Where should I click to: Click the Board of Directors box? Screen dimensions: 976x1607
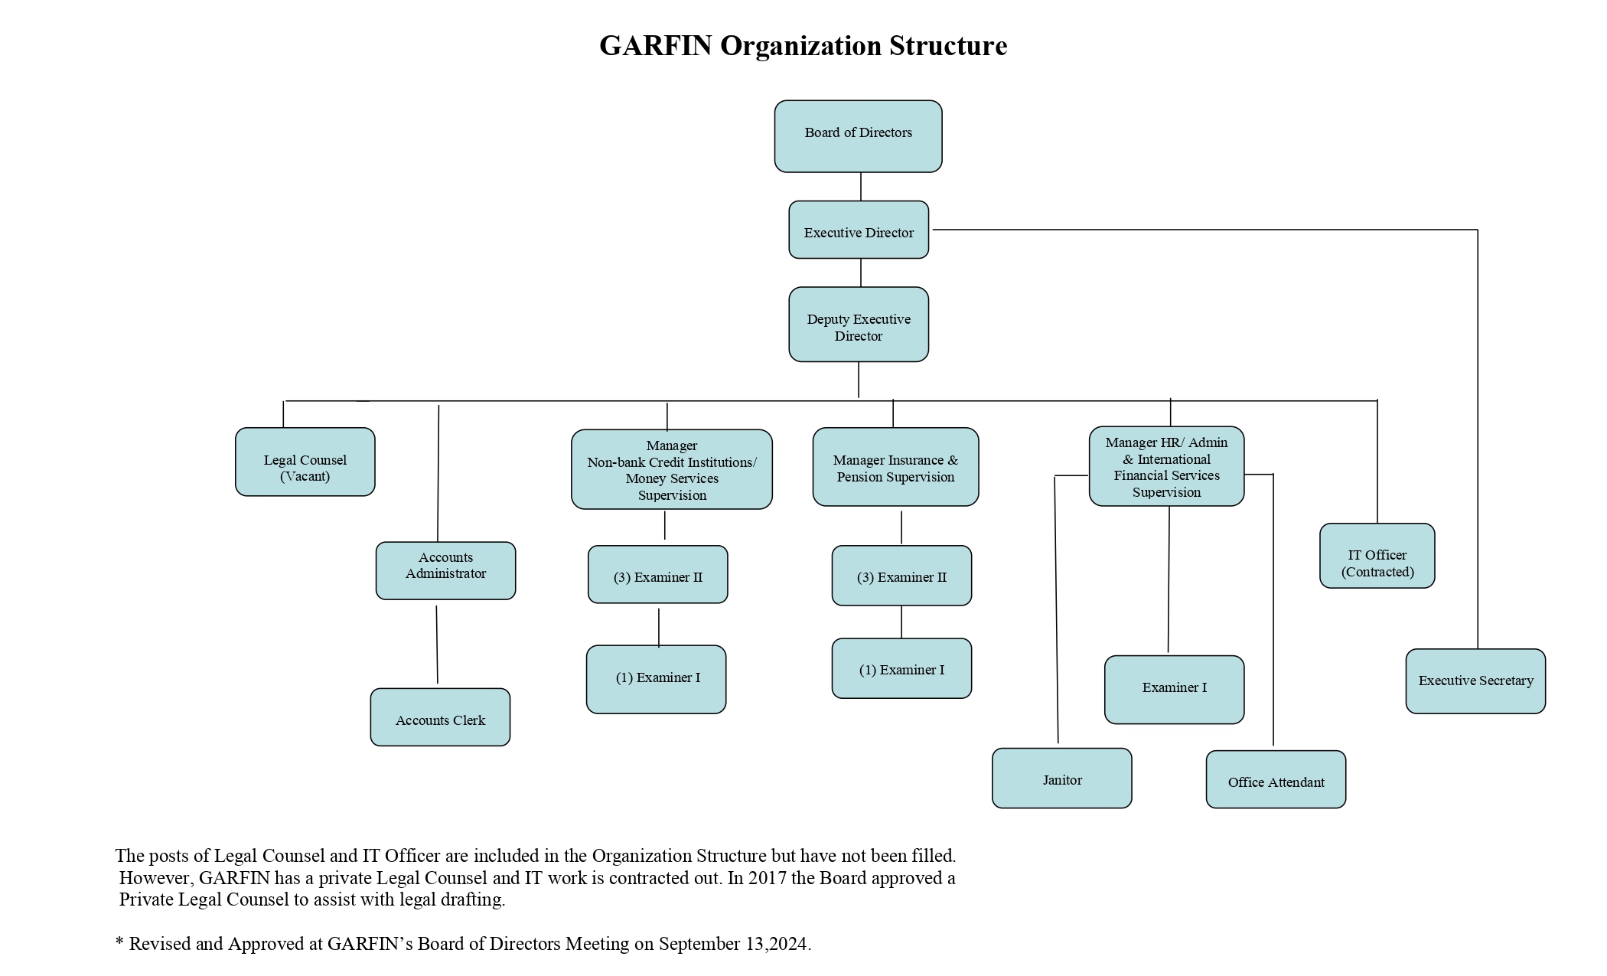pos(858,136)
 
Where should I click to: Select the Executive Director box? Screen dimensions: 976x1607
pos(859,230)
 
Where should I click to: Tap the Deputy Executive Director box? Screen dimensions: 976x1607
pos(859,325)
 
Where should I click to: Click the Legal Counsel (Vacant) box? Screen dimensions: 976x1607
pos(305,462)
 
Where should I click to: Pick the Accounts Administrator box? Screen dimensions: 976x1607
pos(445,570)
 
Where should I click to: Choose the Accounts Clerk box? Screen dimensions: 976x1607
pos(440,717)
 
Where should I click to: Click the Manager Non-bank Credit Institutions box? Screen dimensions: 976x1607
pos(671,469)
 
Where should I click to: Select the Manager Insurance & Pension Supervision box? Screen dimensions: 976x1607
pos(895,467)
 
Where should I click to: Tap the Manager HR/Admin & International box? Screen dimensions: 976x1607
pos(1166,466)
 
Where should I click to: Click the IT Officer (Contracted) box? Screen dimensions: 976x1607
pos(1377,556)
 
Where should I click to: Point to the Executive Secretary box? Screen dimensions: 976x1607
pos(1475,681)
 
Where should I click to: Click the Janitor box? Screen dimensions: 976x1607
pos(1061,779)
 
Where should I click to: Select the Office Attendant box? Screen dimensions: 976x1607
pos(1276,779)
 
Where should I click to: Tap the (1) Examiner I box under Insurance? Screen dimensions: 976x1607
pos(901,668)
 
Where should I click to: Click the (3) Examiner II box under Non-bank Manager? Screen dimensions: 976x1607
pos(657,575)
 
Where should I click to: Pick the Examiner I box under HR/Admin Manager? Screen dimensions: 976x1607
pos(1174,689)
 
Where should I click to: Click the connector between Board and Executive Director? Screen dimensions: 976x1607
pos(861,187)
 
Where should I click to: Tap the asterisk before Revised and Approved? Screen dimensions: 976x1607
pos(119,942)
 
